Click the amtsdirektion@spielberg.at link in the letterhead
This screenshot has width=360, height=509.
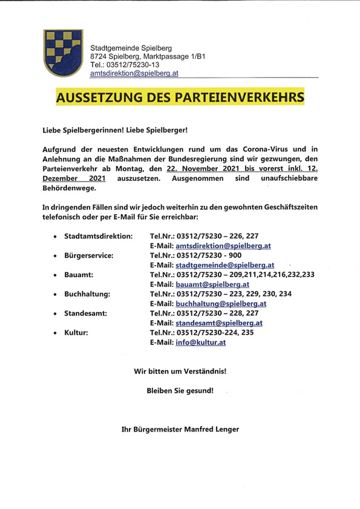point(134,73)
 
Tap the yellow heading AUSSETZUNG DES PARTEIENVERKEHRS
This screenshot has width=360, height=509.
point(180,97)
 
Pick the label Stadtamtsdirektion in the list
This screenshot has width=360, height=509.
point(98,235)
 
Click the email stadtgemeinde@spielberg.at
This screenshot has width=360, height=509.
point(224,264)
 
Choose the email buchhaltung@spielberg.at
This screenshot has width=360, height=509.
point(220,303)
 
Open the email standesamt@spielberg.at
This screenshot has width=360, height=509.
point(218,323)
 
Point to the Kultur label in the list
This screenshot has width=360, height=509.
point(77,332)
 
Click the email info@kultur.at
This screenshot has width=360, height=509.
point(200,342)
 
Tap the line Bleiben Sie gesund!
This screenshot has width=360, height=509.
point(180,390)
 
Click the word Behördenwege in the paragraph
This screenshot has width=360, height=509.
point(70,188)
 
